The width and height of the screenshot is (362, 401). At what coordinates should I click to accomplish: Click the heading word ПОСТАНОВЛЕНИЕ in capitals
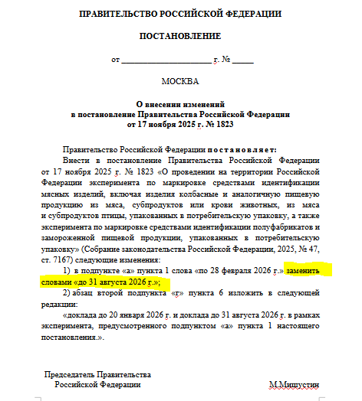[180, 36]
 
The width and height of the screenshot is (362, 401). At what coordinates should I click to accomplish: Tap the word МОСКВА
[180, 80]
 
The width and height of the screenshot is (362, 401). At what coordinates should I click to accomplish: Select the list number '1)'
[67, 272]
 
